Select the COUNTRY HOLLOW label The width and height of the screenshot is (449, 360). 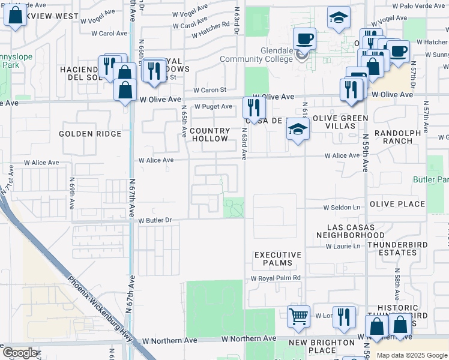click(209, 134)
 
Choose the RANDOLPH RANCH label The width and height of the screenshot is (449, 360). click(393, 137)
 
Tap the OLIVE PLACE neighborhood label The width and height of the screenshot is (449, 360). click(397, 204)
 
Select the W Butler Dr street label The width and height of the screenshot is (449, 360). click(155, 221)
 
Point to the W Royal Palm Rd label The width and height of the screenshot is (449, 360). click(276, 278)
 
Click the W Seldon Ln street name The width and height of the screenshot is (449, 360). click(341, 208)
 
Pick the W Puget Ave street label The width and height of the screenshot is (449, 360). click(212, 107)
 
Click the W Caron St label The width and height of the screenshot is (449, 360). click(213, 90)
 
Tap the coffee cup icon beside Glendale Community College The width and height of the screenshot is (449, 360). click(305, 38)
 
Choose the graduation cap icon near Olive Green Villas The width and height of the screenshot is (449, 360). click(297, 130)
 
